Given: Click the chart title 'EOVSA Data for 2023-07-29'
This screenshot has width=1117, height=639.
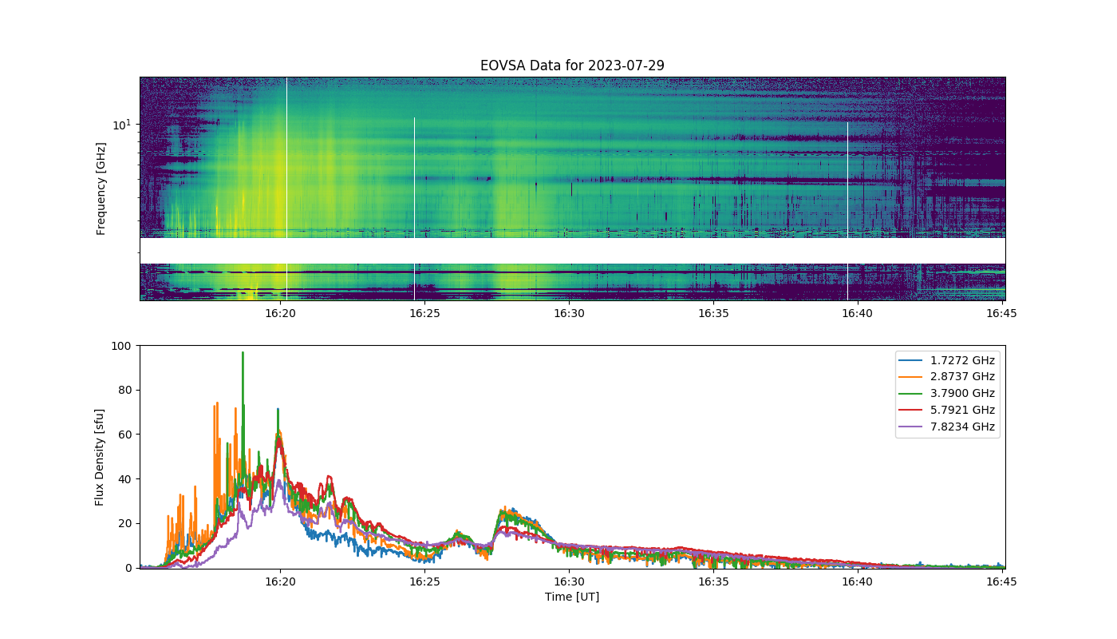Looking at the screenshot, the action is click(x=572, y=65).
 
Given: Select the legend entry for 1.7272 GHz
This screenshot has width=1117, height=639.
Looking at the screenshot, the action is click(x=946, y=360).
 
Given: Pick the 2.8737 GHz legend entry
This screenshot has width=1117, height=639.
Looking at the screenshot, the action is click(x=946, y=376).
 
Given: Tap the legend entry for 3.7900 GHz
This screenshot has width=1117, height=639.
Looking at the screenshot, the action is click(x=946, y=393).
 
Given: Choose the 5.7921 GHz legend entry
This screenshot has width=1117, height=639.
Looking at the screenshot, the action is click(x=946, y=410).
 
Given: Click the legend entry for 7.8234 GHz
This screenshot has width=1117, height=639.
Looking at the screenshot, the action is click(x=946, y=427).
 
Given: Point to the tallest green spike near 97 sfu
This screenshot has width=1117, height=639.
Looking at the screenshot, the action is click(x=243, y=353).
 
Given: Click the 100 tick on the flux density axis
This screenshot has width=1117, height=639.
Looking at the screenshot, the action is click(x=121, y=346).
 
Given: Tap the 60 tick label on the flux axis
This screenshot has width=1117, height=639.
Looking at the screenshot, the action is click(x=124, y=435).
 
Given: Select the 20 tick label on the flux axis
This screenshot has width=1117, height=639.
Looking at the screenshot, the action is click(x=124, y=524).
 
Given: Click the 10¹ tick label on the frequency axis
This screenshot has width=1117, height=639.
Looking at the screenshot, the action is click(x=121, y=125).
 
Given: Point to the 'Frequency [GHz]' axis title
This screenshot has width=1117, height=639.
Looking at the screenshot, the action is click(x=101, y=189).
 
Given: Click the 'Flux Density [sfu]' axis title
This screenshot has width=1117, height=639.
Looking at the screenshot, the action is click(x=99, y=457).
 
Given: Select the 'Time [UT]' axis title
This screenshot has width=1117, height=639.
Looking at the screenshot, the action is click(x=572, y=597).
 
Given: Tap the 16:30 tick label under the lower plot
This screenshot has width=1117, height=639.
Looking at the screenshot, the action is click(x=569, y=581).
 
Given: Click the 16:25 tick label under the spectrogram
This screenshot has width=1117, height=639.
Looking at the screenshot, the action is click(x=424, y=313).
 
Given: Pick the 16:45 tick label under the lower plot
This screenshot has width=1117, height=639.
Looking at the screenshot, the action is click(x=1001, y=581).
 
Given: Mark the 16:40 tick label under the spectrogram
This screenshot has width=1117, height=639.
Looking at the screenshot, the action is click(x=857, y=313).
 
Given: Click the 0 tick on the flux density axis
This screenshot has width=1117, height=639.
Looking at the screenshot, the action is click(x=128, y=568).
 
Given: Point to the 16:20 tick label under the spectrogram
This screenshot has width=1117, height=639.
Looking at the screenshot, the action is click(x=280, y=313).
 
